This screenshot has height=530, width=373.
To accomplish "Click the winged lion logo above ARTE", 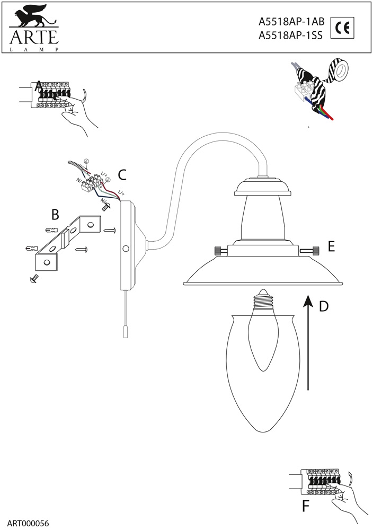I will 33,19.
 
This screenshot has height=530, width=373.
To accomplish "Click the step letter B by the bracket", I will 55,215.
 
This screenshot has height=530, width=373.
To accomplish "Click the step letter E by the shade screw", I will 332,246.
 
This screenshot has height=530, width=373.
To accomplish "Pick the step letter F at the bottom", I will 306,506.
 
